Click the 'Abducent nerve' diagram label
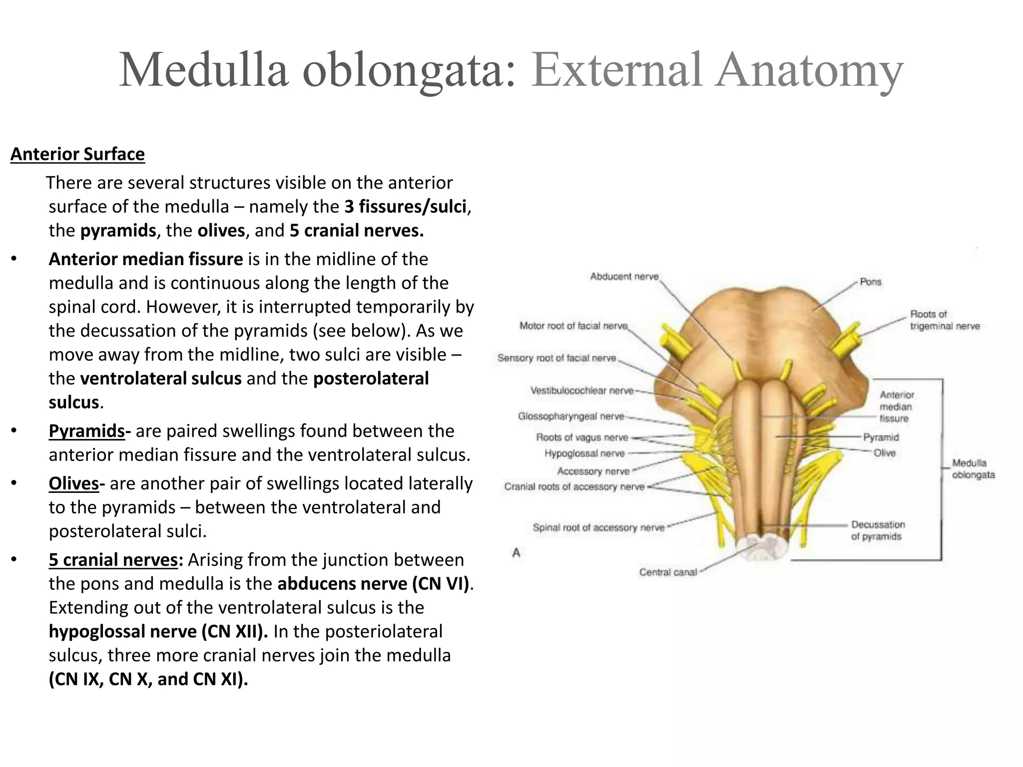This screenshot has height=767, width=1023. [x=624, y=277]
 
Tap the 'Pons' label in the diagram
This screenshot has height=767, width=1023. [x=870, y=282]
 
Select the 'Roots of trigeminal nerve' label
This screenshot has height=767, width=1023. [x=945, y=320]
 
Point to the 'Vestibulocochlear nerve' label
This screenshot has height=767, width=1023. [x=581, y=390]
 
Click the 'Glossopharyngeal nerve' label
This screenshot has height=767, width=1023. [x=571, y=416]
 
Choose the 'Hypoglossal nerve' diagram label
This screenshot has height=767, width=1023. [x=584, y=453]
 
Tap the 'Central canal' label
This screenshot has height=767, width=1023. [x=668, y=572]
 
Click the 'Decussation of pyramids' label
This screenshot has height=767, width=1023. [x=878, y=531]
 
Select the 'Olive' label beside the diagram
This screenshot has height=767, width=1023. [x=884, y=453]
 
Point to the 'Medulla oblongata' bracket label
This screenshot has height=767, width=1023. [x=973, y=469]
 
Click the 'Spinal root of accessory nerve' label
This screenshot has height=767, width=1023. [x=598, y=528]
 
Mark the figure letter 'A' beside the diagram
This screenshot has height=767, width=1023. [x=516, y=553]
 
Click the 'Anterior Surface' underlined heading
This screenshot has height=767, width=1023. [x=77, y=154]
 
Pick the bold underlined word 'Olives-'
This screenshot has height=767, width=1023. [x=76, y=483]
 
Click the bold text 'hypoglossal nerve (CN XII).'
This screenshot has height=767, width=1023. [x=158, y=632]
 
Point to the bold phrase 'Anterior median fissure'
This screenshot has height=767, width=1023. [x=146, y=259]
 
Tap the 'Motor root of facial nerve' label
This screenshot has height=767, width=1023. [x=573, y=326]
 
